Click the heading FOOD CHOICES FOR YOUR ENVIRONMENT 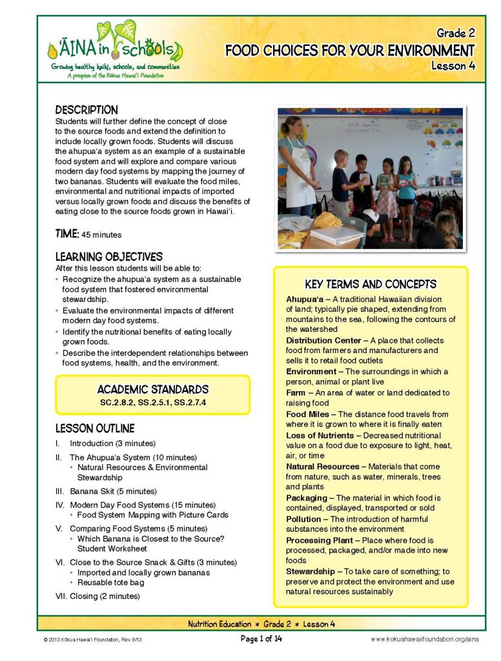pos(349,50)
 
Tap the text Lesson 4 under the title pos(453,66)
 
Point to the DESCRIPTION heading pos(87,110)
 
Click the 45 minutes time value pos(101,235)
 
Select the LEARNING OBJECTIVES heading pos(108,257)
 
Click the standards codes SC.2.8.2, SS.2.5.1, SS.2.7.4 pos(152,402)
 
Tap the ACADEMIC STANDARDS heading pos(152,389)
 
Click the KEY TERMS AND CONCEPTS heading pos(371,284)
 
